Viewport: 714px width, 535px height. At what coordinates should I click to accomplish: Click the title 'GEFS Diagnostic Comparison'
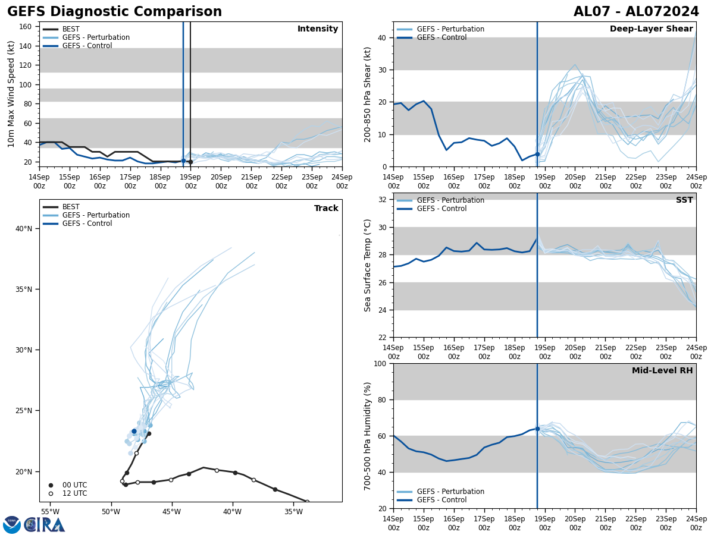(x=114, y=12)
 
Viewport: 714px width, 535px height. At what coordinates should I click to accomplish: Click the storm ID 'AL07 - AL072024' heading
(x=636, y=12)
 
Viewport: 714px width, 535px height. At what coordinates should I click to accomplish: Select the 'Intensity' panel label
(x=318, y=29)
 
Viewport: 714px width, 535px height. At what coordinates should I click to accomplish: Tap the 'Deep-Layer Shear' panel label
(x=651, y=29)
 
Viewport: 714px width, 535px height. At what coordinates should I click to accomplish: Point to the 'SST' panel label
(x=684, y=200)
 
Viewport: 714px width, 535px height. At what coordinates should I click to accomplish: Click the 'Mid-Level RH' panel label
(x=662, y=371)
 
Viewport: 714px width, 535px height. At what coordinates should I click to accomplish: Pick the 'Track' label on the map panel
(x=326, y=209)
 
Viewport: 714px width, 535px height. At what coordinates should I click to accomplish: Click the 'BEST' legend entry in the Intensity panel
(x=71, y=29)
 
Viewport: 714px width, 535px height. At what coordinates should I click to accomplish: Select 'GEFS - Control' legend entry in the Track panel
(x=87, y=224)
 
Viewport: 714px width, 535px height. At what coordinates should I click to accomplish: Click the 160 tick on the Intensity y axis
(x=25, y=27)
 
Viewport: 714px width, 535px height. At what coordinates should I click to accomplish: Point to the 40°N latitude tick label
(x=24, y=229)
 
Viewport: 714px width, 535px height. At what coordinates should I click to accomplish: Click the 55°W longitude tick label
(x=49, y=511)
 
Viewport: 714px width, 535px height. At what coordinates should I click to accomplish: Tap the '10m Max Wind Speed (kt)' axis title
(x=11, y=94)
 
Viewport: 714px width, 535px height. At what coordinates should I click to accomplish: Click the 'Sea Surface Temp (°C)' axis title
(x=368, y=265)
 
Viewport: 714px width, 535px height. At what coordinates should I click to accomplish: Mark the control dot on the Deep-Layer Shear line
(x=537, y=154)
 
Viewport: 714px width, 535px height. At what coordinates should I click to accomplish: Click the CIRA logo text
(x=45, y=525)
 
